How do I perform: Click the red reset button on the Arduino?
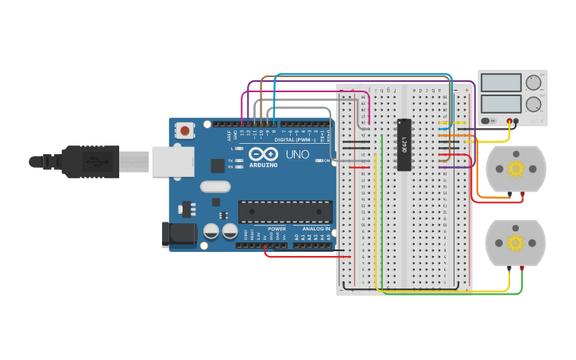click(185, 130)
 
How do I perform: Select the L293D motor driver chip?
click(404, 145)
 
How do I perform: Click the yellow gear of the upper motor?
click(516, 168)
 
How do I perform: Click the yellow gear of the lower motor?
click(516, 242)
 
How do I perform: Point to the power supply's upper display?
click(501, 83)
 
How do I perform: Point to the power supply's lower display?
click(501, 103)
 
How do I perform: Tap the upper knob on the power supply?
click(533, 83)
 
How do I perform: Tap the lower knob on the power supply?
click(533, 103)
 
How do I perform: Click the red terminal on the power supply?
click(509, 121)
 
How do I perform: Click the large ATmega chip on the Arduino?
click(285, 211)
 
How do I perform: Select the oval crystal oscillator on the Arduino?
click(215, 188)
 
